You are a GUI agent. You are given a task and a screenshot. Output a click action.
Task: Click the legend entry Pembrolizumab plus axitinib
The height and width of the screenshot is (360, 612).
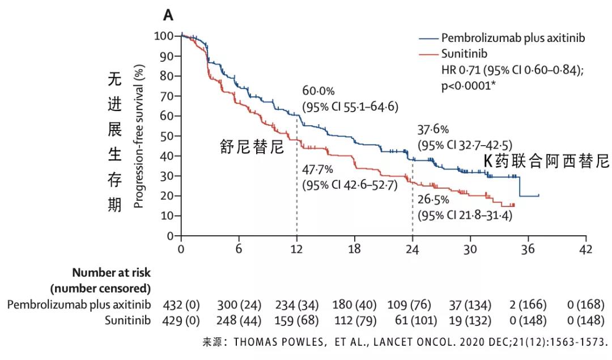click(513, 39)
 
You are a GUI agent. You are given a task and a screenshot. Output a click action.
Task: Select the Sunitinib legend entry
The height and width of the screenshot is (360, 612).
click(464, 54)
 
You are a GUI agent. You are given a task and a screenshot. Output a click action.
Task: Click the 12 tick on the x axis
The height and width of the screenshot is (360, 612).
click(296, 249)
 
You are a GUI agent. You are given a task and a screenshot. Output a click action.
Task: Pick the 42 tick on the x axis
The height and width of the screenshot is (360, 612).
click(585, 249)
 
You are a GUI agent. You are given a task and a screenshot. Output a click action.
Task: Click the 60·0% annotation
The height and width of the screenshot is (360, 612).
click(318, 91)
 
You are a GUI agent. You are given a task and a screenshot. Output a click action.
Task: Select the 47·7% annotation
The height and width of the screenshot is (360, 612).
click(318, 170)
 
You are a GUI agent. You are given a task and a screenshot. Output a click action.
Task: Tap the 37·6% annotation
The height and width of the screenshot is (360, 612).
click(433, 129)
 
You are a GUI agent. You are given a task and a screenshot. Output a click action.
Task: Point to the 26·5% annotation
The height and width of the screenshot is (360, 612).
click(433, 201)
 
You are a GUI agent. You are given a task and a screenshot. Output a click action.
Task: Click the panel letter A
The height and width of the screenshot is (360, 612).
click(168, 16)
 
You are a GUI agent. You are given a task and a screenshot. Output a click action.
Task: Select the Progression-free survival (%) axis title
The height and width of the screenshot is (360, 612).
click(138, 137)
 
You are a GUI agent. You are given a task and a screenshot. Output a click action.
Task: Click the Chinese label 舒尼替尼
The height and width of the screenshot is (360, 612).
click(252, 147)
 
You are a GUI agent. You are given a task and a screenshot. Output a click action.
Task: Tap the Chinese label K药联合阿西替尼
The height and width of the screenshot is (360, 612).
click(545, 160)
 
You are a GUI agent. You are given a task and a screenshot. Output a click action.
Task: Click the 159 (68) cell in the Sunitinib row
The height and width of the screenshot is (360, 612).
click(296, 321)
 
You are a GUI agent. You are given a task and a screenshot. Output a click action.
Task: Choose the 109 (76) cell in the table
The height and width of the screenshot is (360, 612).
click(412, 305)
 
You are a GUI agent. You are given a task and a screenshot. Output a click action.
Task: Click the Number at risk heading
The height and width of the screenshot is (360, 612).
click(112, 272)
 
